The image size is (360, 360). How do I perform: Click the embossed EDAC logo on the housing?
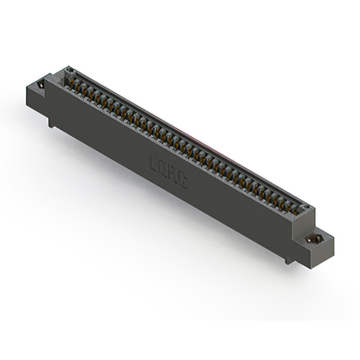(168, 170)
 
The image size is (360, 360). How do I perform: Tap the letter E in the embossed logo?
(154, 163)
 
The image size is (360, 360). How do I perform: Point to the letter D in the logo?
(163, 168)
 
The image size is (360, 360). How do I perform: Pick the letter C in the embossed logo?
(182, 179)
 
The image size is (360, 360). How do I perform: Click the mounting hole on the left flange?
(40, 85)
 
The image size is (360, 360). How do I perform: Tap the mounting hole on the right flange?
(314, 239)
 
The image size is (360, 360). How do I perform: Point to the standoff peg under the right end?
(289, 259)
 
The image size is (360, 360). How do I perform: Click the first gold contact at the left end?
(73, 84)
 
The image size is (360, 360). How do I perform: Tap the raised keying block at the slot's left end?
(70, 71)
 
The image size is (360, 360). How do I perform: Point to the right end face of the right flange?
(328, 251)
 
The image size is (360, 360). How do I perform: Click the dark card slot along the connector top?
(186, 135)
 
